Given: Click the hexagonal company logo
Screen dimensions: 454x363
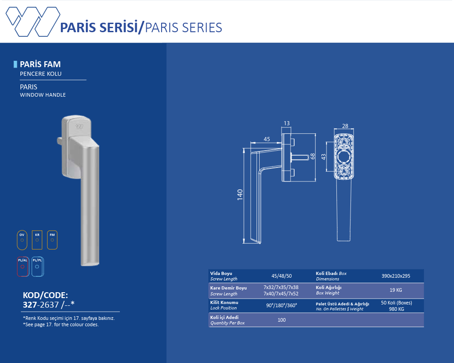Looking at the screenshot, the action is click(x=33, y=21).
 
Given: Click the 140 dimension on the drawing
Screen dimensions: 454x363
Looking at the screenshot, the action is click(x=240, y=195).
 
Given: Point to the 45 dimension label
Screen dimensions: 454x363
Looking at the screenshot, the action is click(x=266, y=139).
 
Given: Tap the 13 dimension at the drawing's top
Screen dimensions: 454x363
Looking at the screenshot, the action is click(x=286, y=123).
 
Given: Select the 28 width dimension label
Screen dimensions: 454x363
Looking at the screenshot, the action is click(x=345, y=126).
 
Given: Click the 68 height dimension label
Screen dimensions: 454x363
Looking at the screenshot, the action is click(x=312, y=156).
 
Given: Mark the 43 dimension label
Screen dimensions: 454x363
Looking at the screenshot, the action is click(x=323, y=157).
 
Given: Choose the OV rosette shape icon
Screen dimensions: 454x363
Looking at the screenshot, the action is click(x=22, y=240).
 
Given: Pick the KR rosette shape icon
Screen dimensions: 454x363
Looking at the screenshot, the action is click(x=37, y=240).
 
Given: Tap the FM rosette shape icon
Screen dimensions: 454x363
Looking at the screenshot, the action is click(x=52, y=240).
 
